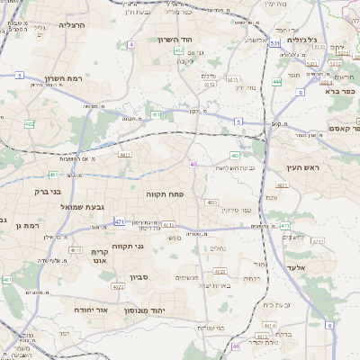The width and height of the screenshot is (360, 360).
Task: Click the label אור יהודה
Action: pos(91,310)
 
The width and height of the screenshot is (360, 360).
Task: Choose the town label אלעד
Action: pos(320,268)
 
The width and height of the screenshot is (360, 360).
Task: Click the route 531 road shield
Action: pos(274,42)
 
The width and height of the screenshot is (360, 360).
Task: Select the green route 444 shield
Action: pos(277,82)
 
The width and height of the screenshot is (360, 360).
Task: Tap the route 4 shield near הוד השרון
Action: pos(131,43)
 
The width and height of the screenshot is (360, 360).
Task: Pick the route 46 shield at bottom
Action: pos(236,346)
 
